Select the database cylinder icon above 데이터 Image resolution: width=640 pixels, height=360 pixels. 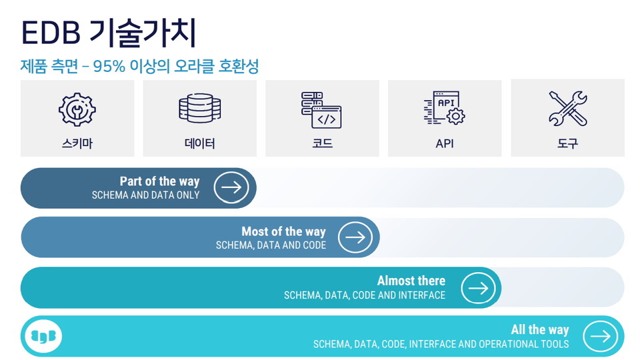coord(199,109)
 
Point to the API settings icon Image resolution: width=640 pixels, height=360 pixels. coord(444,109)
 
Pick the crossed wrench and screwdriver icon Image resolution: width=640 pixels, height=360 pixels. coord(567,109)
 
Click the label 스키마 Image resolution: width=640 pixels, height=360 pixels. coord(77,143)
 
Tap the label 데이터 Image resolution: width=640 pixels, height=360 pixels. coord(199,143)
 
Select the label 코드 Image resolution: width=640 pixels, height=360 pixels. coord(322,143)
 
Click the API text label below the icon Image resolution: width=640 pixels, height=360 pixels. coord(444,143)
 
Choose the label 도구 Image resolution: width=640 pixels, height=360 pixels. coord(567,143)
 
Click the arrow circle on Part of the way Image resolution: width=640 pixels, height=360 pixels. coord(231,187)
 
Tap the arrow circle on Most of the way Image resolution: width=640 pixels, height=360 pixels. coord(355,237)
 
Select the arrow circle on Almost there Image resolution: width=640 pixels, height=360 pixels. coord(478,287)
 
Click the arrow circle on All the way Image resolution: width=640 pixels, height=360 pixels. coord(600,337)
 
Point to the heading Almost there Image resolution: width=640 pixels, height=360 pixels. coord(411,281)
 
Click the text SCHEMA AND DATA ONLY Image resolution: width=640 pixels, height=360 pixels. coord(145,195)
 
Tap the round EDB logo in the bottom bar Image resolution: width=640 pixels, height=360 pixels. coord(43,337)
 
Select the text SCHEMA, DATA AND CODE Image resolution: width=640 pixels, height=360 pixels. coord(271,245)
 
